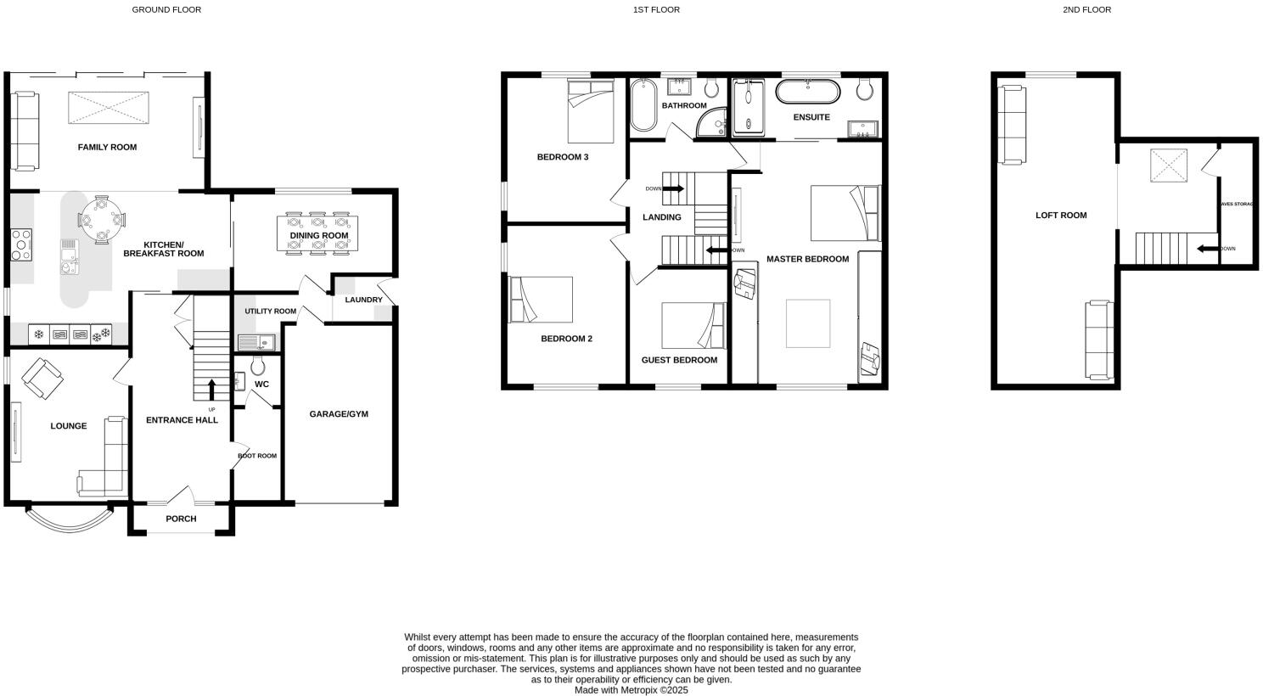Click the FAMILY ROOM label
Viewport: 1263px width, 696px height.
tap(107, 148)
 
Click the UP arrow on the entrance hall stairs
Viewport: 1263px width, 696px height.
tap(211, 390)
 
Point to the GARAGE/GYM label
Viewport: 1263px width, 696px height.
tap(339, 414)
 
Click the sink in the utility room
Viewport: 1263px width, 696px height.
tap(254, 343)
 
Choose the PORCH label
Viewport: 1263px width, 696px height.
tap(181, 519)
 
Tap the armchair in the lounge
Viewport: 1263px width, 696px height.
tap(42, 379)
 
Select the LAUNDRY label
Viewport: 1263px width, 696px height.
tap(363, 300)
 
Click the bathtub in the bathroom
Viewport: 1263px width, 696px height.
tap(643, 105)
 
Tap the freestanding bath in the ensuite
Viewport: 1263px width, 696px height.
tap(808, 92)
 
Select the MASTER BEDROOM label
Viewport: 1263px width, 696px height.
tap(807, 259)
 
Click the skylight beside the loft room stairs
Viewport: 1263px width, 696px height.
tap(1168, 166)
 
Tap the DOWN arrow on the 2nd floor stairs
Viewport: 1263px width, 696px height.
tap(1206, 249)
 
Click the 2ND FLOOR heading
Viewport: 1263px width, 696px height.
tap(1086, 10)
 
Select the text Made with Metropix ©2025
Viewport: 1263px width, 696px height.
tap(631, 690)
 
